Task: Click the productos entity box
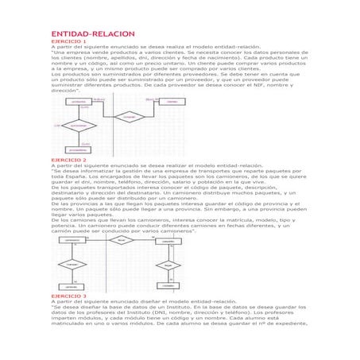tap(78, 102)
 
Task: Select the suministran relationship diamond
tap(77, 126)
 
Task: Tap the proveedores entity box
tap(78, 149)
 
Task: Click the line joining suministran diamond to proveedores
tap(78, 138)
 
